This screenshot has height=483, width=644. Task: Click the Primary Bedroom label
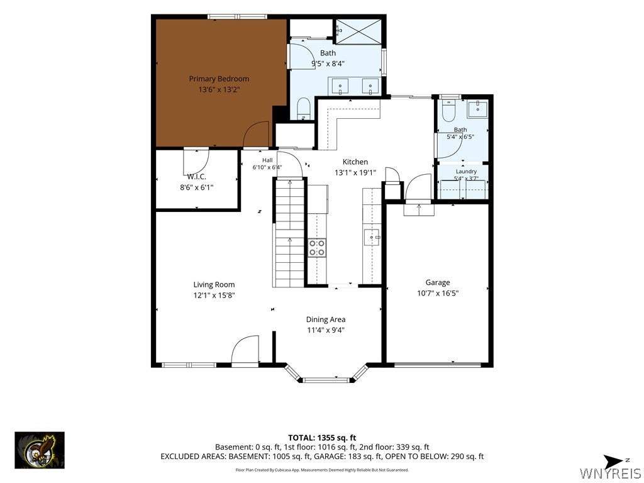pos(219,79)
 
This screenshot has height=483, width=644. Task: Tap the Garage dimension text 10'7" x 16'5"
pos(438,293)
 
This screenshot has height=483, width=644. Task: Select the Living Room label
pos(214,285)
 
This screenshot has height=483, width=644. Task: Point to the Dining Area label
pos(326,319)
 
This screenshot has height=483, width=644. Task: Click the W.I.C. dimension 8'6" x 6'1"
pos(197,187)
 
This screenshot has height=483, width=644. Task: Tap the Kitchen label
pos(355,162)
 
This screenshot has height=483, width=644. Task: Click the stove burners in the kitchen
pos(317,248)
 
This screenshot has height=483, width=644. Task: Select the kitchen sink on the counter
pos(371,237)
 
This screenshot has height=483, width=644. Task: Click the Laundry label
pos(466,171)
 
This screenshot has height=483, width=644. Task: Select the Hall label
pos(267,160)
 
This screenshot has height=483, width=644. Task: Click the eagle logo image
pos(40,450)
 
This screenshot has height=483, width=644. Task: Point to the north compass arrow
pos(615,461)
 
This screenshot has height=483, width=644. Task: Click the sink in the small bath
pos(477,109)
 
